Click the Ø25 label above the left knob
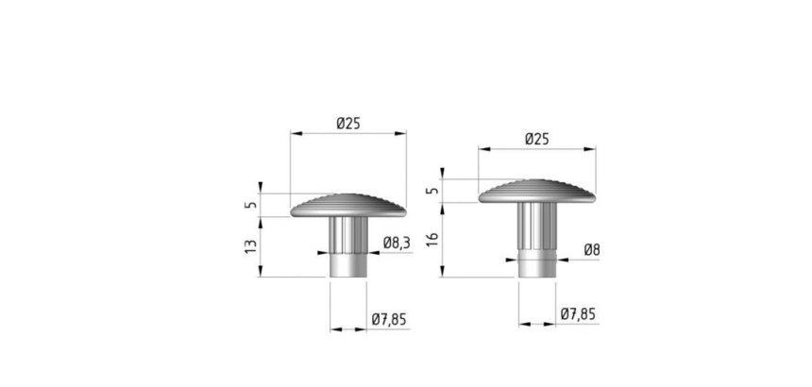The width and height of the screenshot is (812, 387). click(x=348, y=124)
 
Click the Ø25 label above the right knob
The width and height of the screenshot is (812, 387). click(x=536, y=139)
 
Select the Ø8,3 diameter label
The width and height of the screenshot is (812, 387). click(x=398, y=243)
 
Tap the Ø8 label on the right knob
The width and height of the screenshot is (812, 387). click(x=592, y=250)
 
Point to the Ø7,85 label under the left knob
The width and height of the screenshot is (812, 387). click(x=389, y=320)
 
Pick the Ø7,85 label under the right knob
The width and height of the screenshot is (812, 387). click(x=578, y=314)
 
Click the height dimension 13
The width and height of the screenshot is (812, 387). click(x=250, y=246)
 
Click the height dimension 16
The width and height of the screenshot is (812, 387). click(x=433, y=239)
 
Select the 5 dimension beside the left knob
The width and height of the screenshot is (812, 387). click(x=250, y=205)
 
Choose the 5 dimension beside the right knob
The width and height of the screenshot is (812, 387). click(x=433, y=191)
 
